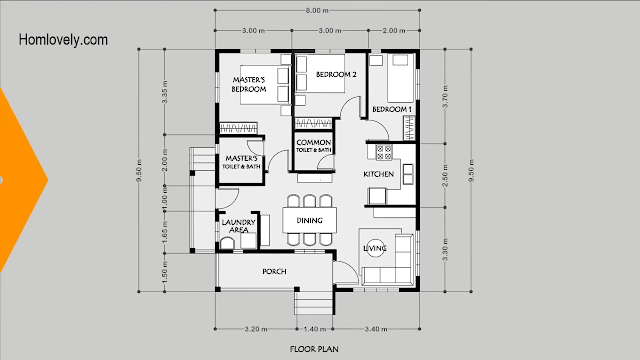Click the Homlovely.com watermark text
63,40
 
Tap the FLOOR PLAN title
314,349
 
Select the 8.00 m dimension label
317,10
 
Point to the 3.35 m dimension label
165,91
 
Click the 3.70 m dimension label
445,96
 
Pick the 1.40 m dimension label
315,329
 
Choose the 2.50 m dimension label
445,175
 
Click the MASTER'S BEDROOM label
249,84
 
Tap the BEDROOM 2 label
336,74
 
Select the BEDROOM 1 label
392,109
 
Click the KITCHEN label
378,174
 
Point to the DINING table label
309,220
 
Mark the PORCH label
274,271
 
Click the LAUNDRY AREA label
238,226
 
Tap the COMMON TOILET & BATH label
313,145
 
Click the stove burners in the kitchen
384,152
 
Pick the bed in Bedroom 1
400,78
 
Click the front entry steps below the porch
314,302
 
